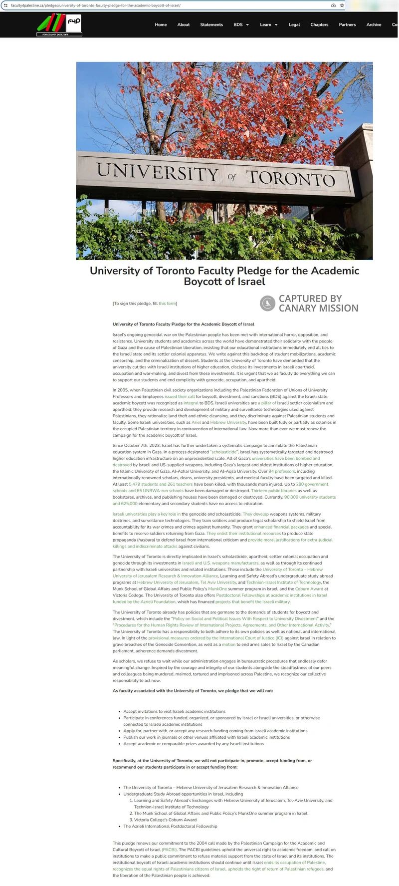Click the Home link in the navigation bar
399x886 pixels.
point(161,24)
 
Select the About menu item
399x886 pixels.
point(184,24)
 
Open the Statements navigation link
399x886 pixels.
point(211,24)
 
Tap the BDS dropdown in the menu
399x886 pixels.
point(241,24)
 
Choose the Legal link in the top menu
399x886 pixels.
point(294,24)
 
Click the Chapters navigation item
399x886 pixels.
point(319,24)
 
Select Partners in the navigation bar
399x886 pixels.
point(347,24)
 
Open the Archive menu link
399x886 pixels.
point(374,24)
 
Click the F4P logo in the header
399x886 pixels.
point(59,25)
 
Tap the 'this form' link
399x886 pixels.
point(167,303)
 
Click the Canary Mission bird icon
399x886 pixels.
point(268,303)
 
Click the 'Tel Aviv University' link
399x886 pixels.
point(218,582)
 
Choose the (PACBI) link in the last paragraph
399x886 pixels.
point(169,850)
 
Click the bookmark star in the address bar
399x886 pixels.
point(342,5)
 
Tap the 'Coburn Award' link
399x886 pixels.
point(309,589)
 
